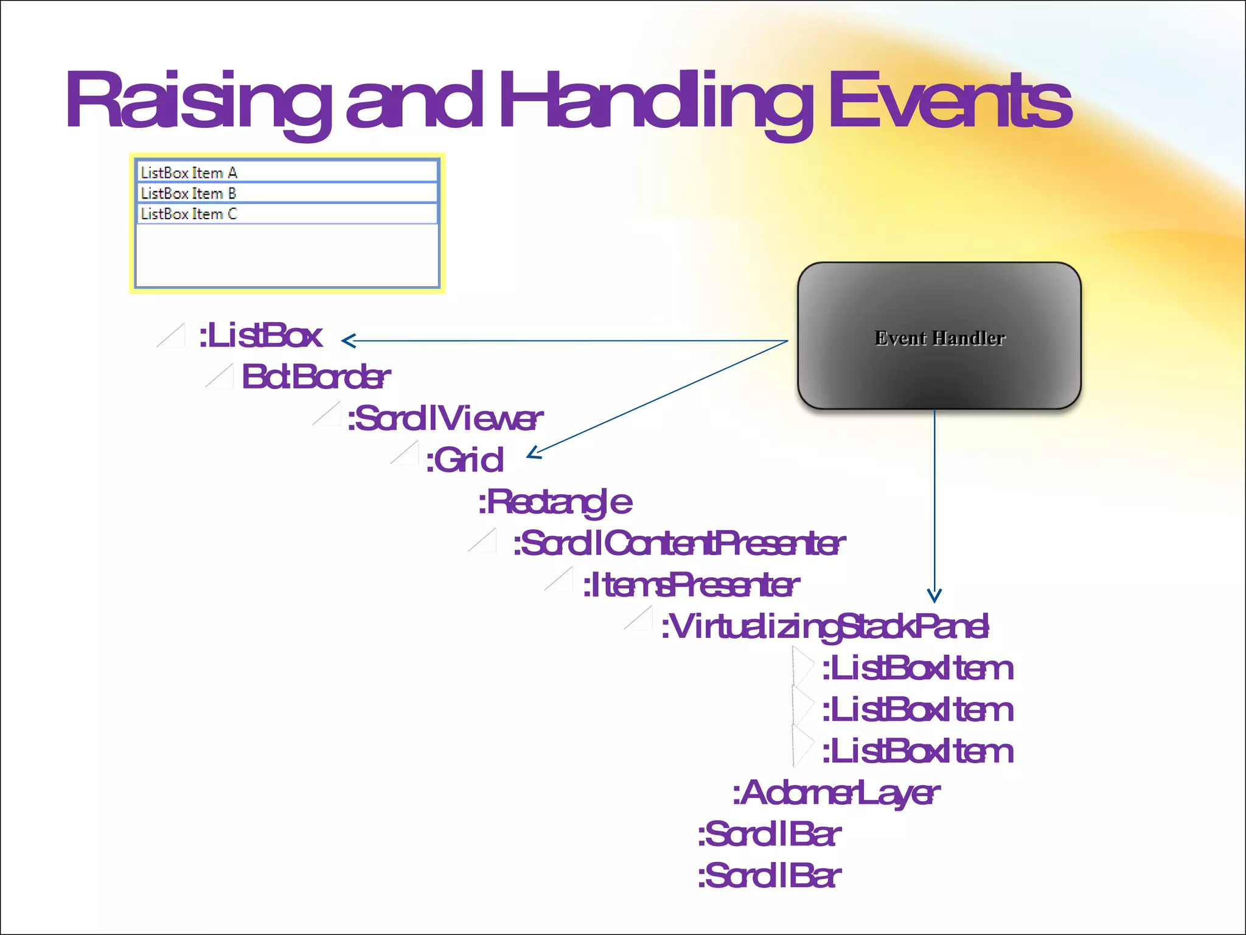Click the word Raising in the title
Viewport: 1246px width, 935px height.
(198, 100)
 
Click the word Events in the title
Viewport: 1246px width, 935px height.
(949, 100)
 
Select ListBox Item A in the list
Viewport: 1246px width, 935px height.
(189, 173)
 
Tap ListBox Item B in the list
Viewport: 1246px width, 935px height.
(189, 194)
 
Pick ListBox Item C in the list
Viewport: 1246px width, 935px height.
(189, 214)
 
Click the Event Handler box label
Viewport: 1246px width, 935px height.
(939, 338)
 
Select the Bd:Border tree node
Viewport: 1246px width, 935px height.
(315, 377)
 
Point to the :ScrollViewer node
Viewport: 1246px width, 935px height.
(444, 419)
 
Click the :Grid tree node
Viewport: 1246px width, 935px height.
(464, 460)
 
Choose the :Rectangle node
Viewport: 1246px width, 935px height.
(554, 502)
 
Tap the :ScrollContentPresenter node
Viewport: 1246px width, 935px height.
(678, 544)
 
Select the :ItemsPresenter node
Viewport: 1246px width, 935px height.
(691, 585)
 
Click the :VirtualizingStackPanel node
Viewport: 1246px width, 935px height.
(824, 627)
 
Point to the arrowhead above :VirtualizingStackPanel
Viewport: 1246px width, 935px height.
(934, 596)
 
